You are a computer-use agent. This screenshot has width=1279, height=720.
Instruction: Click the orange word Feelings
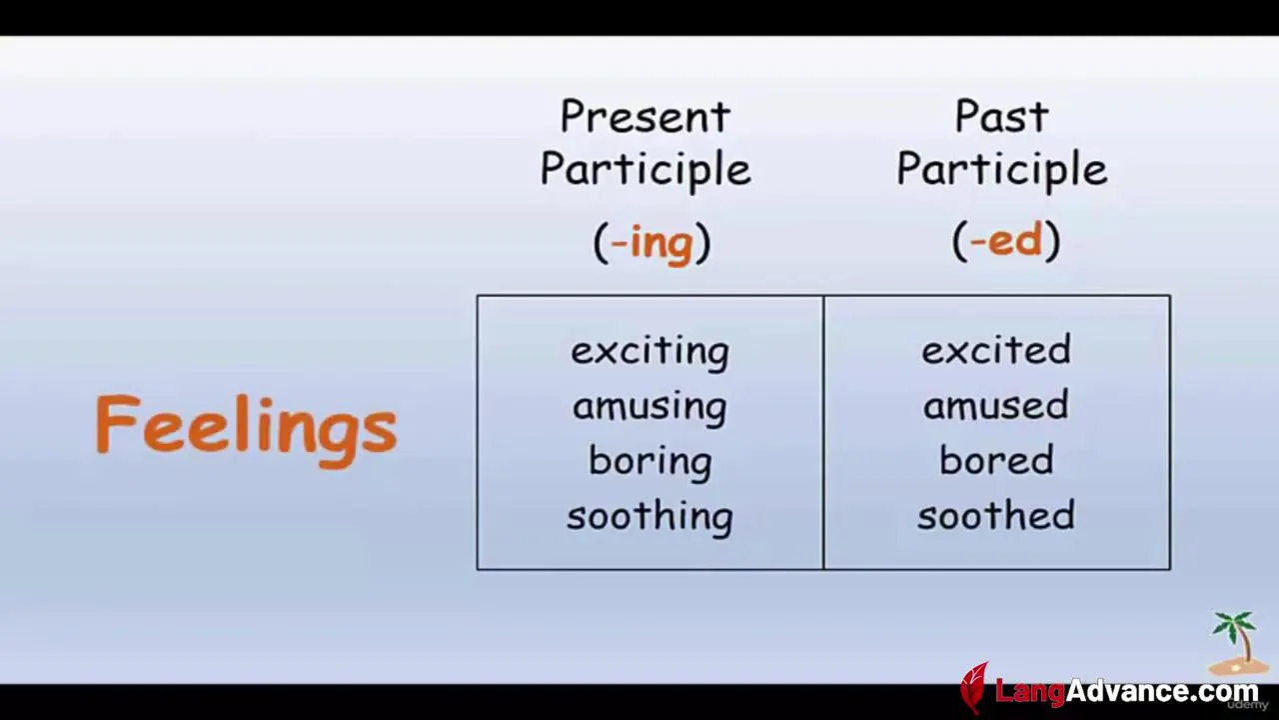(246, 430)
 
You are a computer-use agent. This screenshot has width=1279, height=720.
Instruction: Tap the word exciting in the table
(649, 351)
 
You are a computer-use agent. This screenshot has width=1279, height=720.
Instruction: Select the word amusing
(649, 406)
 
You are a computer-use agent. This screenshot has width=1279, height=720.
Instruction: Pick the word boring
(649, 461)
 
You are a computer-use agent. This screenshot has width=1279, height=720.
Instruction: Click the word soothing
(649, 516)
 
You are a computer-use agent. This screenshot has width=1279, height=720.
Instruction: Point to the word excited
(996, 349)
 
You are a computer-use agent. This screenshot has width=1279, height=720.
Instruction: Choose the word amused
(996, 405)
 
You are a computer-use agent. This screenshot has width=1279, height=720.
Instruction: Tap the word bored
(996, 460)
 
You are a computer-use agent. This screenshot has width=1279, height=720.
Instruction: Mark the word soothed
(996, 514)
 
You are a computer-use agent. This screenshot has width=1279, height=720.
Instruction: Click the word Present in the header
(645, 116)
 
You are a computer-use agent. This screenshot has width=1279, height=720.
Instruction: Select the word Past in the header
(1002, 116)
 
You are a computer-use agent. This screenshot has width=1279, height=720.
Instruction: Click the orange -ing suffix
(651, 242)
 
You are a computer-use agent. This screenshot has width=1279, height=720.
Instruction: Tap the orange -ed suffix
(1006, 240)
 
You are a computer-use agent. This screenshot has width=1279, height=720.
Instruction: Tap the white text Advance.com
(1162, 691)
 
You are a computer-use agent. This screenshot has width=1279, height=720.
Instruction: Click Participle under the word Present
(645, 170)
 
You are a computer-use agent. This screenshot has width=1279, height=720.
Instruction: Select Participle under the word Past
(1002, 170)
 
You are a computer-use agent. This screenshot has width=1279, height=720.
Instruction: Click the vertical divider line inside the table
(823, 433)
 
